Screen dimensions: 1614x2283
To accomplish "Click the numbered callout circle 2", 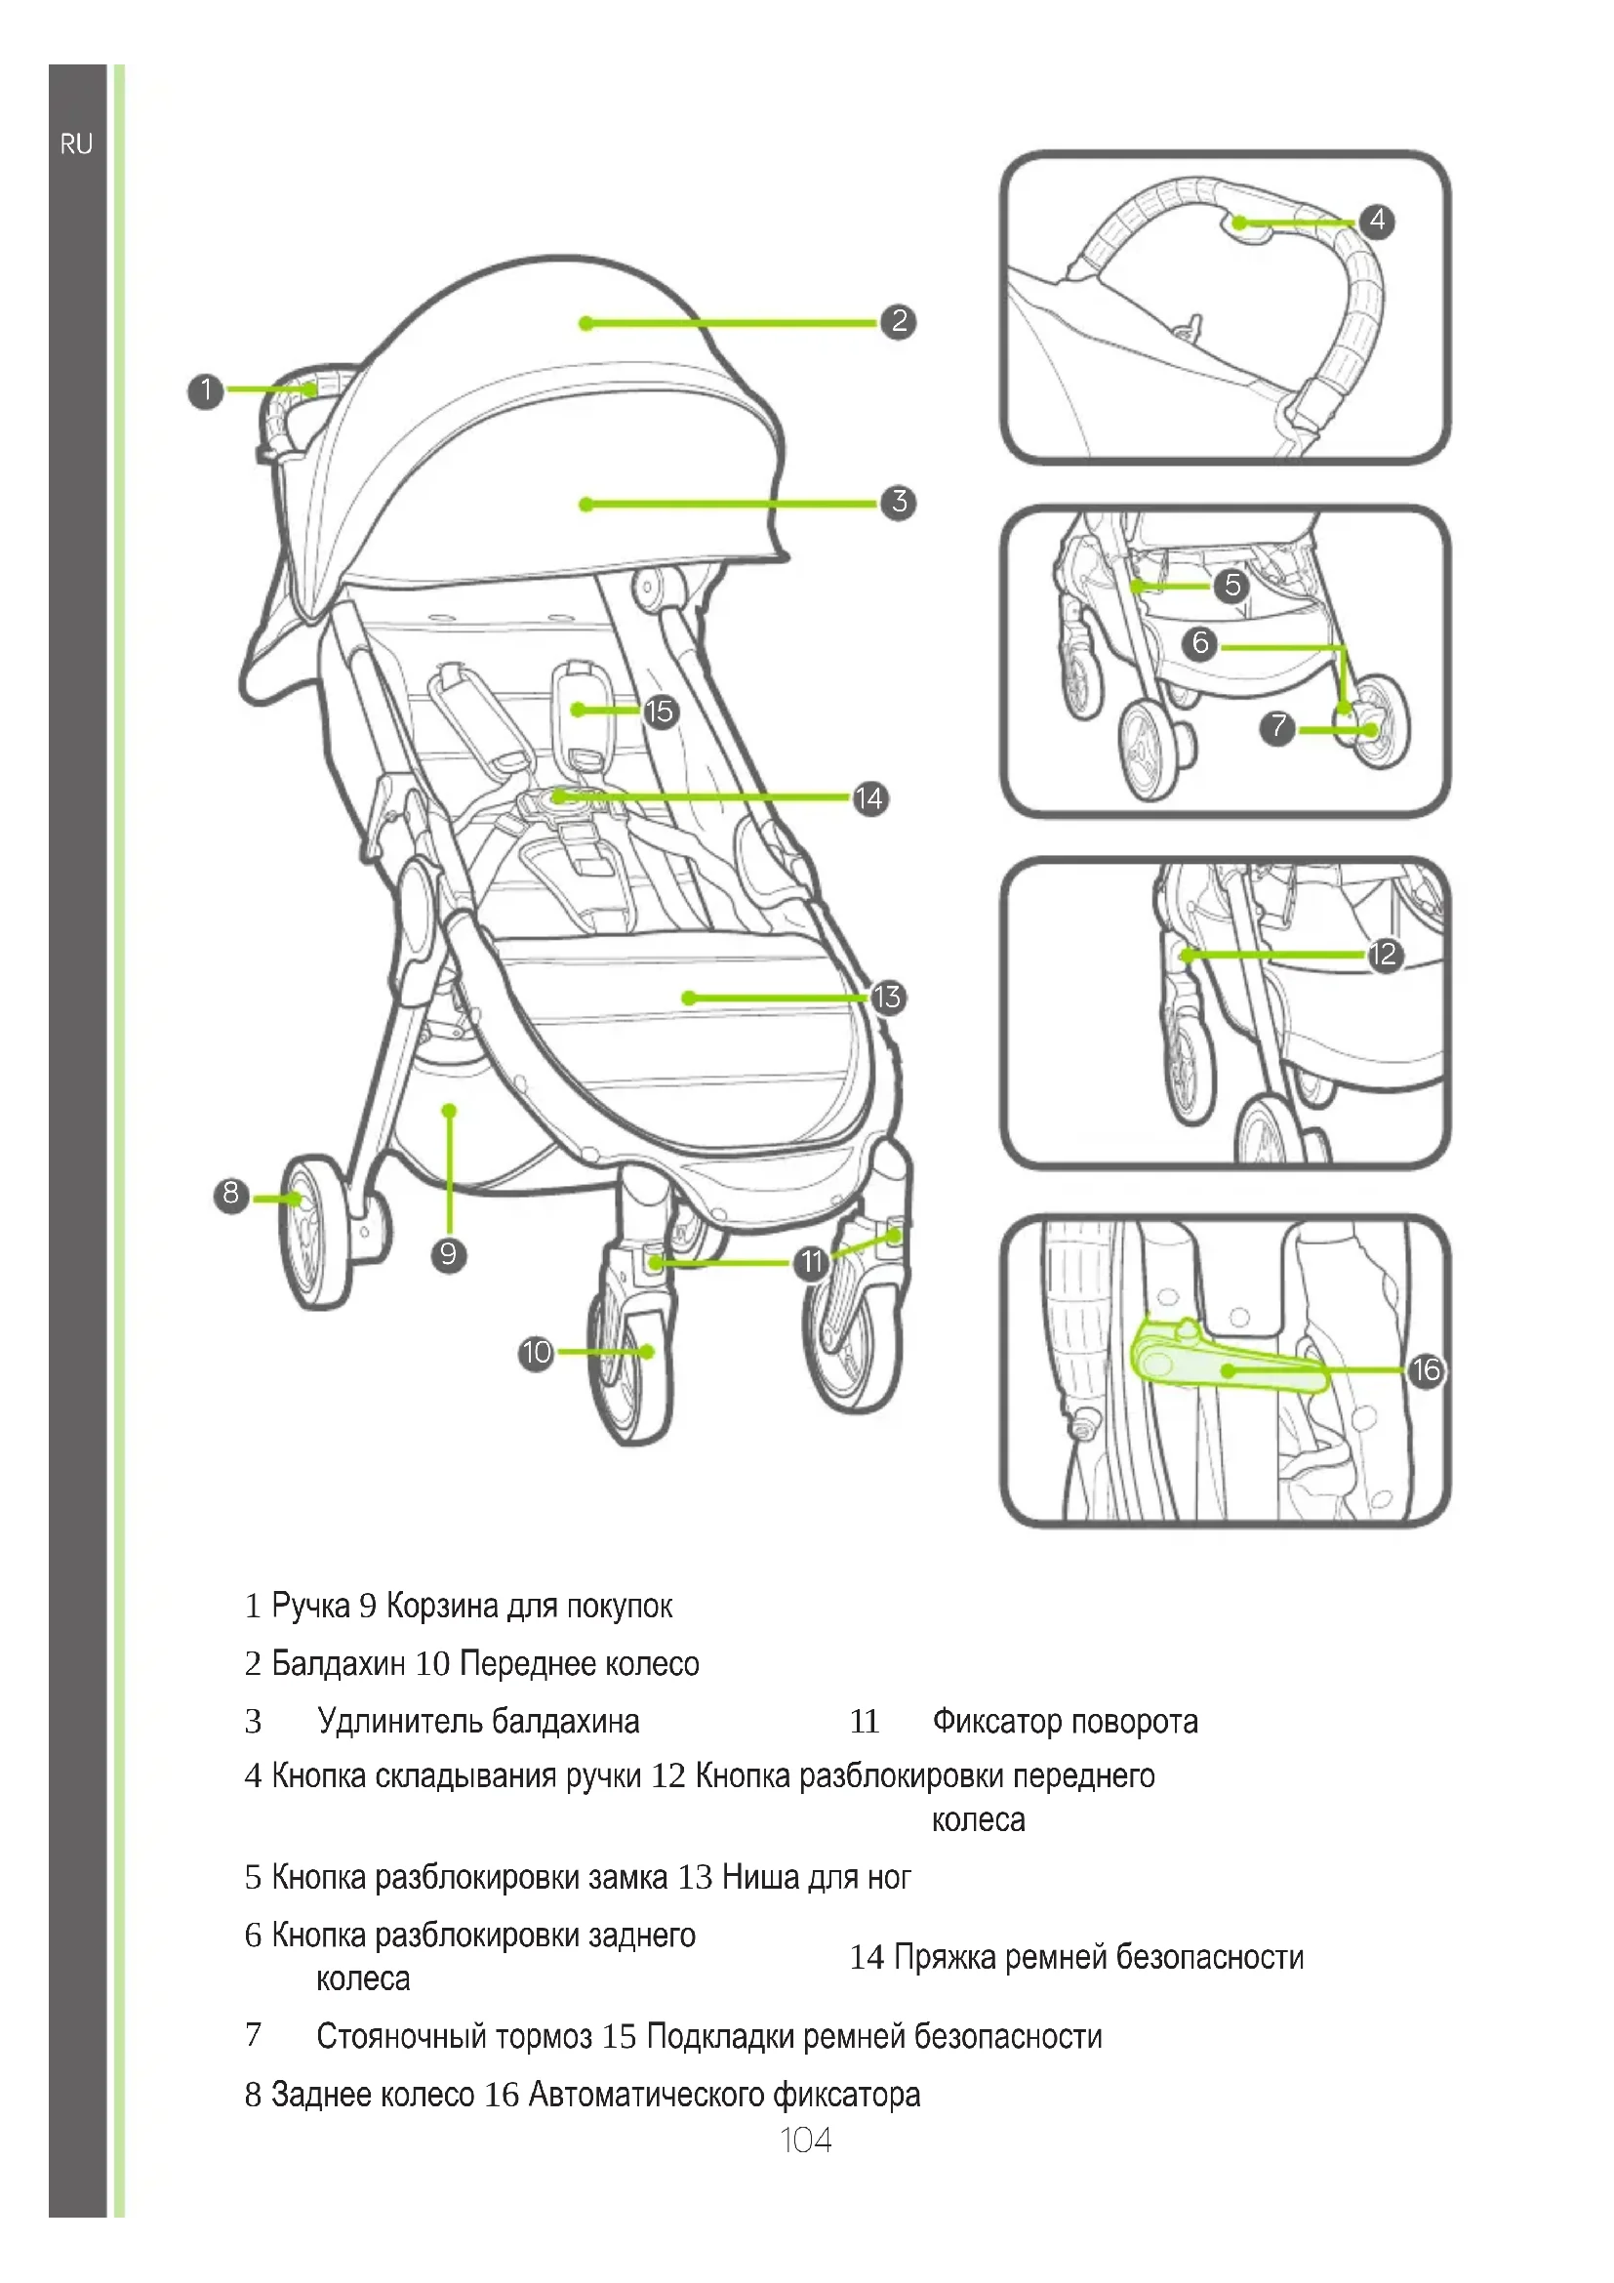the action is (899, 321).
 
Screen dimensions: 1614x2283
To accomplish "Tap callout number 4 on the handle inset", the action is (1377, 220).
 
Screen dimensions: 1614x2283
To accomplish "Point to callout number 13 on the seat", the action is (886, 997).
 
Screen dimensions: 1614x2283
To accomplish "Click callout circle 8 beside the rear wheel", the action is (230, 1193).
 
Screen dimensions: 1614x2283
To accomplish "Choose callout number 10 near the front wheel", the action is (536, 1351).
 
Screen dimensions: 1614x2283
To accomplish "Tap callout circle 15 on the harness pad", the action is (660, 711).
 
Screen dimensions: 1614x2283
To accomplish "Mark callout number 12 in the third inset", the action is (1384, 955).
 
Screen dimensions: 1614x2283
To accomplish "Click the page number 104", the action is (806, 2139).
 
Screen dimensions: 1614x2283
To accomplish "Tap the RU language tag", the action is (76, 144).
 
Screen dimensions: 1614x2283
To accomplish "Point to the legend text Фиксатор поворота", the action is (1065, 1720).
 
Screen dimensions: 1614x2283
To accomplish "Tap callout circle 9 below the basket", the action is (448, 1254).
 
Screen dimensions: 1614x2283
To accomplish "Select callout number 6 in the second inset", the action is (1200, 643).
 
